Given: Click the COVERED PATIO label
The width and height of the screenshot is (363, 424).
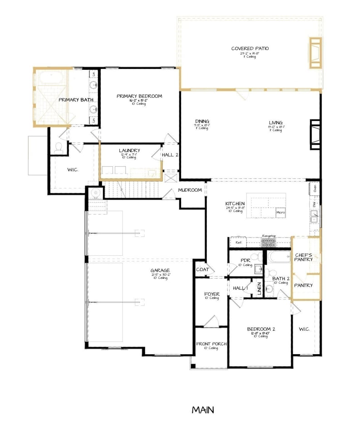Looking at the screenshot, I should tap(250, 49).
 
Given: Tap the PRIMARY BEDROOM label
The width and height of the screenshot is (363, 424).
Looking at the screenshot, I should tap(139, 96).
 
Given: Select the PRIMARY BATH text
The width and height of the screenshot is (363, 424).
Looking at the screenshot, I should tap(75, 99).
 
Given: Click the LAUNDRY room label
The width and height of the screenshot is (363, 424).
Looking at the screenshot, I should tap(129, 151).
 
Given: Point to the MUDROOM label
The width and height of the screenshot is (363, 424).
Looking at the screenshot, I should tap(190, 190).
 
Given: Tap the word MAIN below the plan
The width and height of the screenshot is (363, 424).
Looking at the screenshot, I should tap(203, 410).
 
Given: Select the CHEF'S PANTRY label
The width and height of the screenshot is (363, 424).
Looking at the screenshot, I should tap(304, 257).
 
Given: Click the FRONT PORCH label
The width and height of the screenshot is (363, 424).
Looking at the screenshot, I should tap(211, 344).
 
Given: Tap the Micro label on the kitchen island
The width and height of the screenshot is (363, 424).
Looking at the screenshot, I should tap(280, 212).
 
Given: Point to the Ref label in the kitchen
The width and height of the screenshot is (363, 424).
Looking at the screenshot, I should tap(239, 243).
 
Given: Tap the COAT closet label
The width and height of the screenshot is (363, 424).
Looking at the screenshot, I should tap(202, 269).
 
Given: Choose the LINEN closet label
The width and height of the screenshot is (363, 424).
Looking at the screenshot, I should tap(259, 289).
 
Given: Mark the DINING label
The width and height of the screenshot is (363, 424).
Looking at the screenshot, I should tap(202, 122).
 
